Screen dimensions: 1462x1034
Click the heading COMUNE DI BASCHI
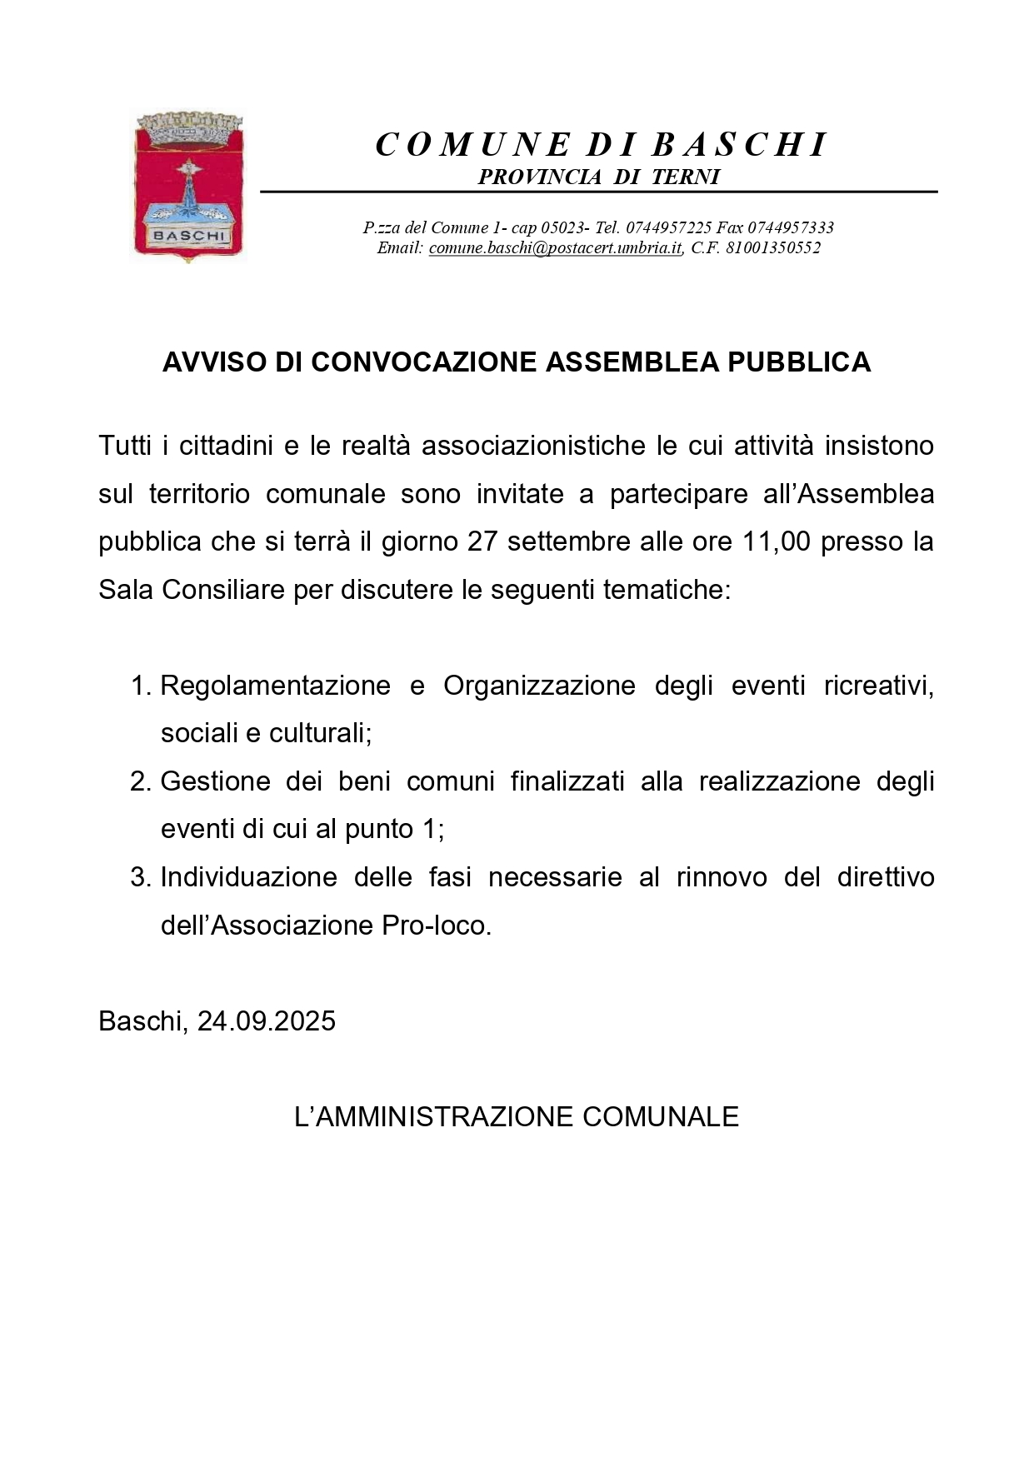pos(600,145)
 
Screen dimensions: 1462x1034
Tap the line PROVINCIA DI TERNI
pos(598,177)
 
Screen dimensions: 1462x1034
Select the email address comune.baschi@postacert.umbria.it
pos(556,248)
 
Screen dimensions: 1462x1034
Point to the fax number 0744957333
pos(791,227)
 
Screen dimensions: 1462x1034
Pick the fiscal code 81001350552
pos(773,248)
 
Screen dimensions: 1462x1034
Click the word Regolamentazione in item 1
pos(275,686)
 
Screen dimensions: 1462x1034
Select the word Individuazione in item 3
pos(247,878)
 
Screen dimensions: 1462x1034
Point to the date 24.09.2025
pos(267,1021)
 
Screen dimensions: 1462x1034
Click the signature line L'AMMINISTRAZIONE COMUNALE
pos(517,1117)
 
